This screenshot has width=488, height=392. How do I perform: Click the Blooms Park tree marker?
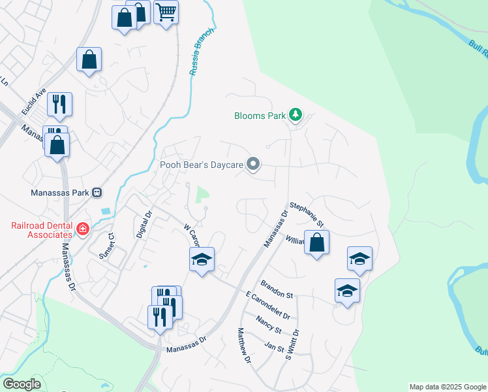296,116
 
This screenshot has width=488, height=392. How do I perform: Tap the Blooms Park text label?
260,116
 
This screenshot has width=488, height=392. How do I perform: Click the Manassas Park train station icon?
97,193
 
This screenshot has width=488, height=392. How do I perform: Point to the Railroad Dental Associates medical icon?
83,229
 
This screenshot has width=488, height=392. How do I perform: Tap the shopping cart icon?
166,12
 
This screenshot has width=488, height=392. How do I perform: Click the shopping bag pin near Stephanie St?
316,243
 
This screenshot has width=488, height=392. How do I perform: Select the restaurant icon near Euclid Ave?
59,103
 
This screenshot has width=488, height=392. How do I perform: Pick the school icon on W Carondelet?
202,260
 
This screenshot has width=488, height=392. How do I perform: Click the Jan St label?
274,346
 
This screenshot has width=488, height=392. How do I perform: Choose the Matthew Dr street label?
244,346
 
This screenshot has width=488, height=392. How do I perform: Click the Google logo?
22,384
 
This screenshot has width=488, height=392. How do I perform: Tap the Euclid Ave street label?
33,101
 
